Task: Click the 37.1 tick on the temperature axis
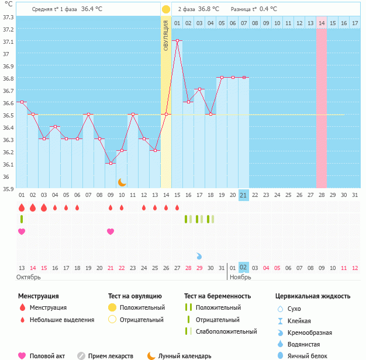[8, 42]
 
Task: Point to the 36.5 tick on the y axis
[8, 115]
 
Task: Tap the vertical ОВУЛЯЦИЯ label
[166, 35]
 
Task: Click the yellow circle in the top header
[166, 9]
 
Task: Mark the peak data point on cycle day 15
[177, 40]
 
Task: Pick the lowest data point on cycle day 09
[111, 163]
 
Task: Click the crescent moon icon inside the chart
[122, 182]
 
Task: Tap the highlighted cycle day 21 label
[244, 195]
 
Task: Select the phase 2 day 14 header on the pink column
[322, 23]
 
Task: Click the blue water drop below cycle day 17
[199, 256]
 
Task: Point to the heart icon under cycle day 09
[111, 231]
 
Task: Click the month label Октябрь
[29, 277]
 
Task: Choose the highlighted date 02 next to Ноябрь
[244, 267]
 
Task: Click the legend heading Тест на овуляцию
[134, 296]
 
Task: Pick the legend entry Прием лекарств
[111, 355]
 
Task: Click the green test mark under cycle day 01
[22, 219]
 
